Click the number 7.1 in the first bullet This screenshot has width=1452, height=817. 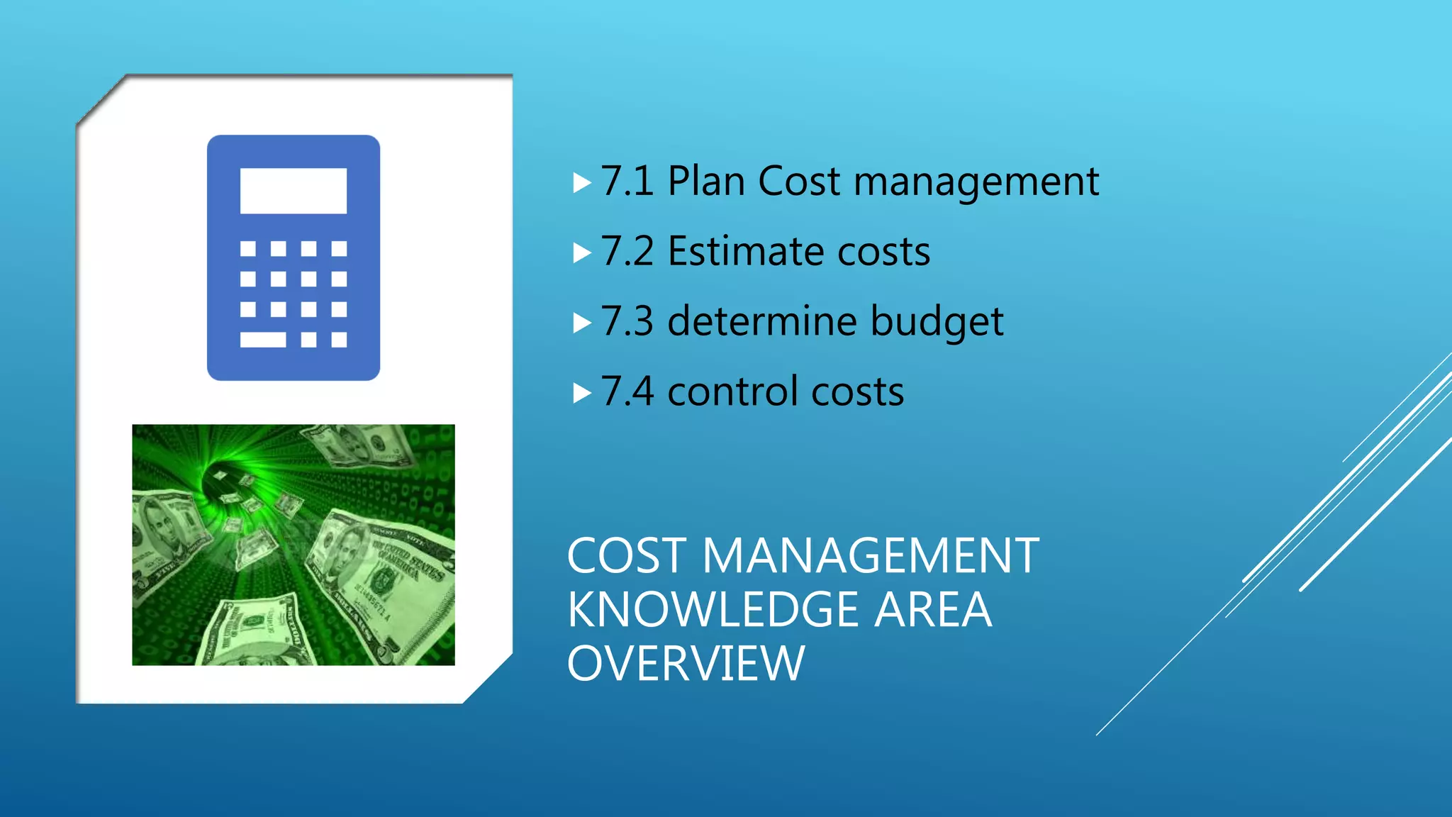(x=627, y=182)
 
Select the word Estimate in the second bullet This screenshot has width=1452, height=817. (x=745, y=252)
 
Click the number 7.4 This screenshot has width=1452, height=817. (x=627, y=392)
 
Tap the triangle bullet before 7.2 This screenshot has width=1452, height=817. (x=581, y=253)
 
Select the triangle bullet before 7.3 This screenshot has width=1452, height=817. (x=581, y=323)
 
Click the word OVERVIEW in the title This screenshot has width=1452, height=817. (x=686, y=664)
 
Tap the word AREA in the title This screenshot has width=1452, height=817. (x=932, y=610)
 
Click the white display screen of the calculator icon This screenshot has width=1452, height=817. (x=293, y=191)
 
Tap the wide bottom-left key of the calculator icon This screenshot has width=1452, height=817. (x=262, y=340)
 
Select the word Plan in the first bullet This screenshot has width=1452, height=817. (x=705, y=182)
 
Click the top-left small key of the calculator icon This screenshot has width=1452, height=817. (x=247, y=248)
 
